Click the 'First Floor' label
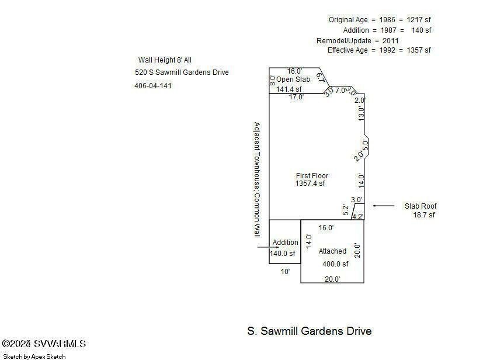[x=312, y=175]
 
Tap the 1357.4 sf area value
[x=310, y=184]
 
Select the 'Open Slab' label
[x=289, y=79]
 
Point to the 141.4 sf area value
[x=289, y=89]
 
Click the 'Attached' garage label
[x=332, y=251]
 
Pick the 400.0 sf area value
[x=335, y=264]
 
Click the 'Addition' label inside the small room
[x=286, y=243]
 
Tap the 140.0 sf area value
[x=283, y=254]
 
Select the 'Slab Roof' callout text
[x=421, y=206]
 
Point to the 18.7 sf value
[x=423, y=215]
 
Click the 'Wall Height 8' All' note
[x=165, y=60]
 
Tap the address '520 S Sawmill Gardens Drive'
[x=182, y=72]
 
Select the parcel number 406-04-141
[x=153, y=86]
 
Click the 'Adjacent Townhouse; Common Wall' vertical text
[x=256, y=179]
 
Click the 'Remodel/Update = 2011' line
[x=357, y=41]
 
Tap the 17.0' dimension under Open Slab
[x=297, y=98]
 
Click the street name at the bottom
[x=309, y=331]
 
